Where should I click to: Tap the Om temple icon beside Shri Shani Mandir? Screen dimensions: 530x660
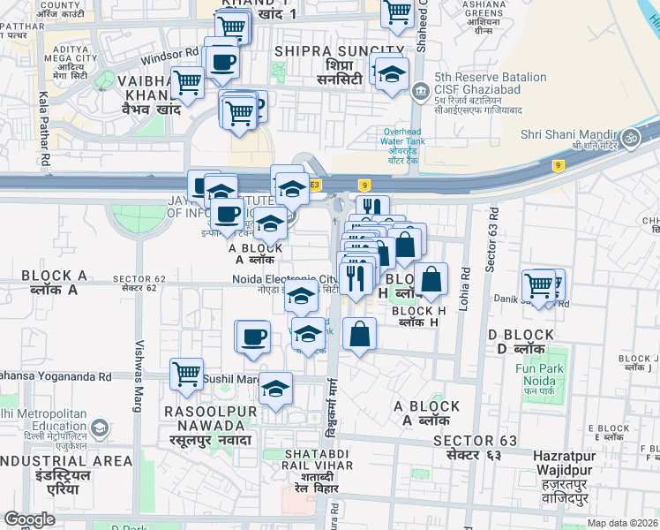pos(631,138)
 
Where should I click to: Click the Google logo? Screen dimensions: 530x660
pos(29,519)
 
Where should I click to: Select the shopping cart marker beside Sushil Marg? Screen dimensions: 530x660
pos(186,375)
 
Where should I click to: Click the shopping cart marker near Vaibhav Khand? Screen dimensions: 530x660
pos(187,83)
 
